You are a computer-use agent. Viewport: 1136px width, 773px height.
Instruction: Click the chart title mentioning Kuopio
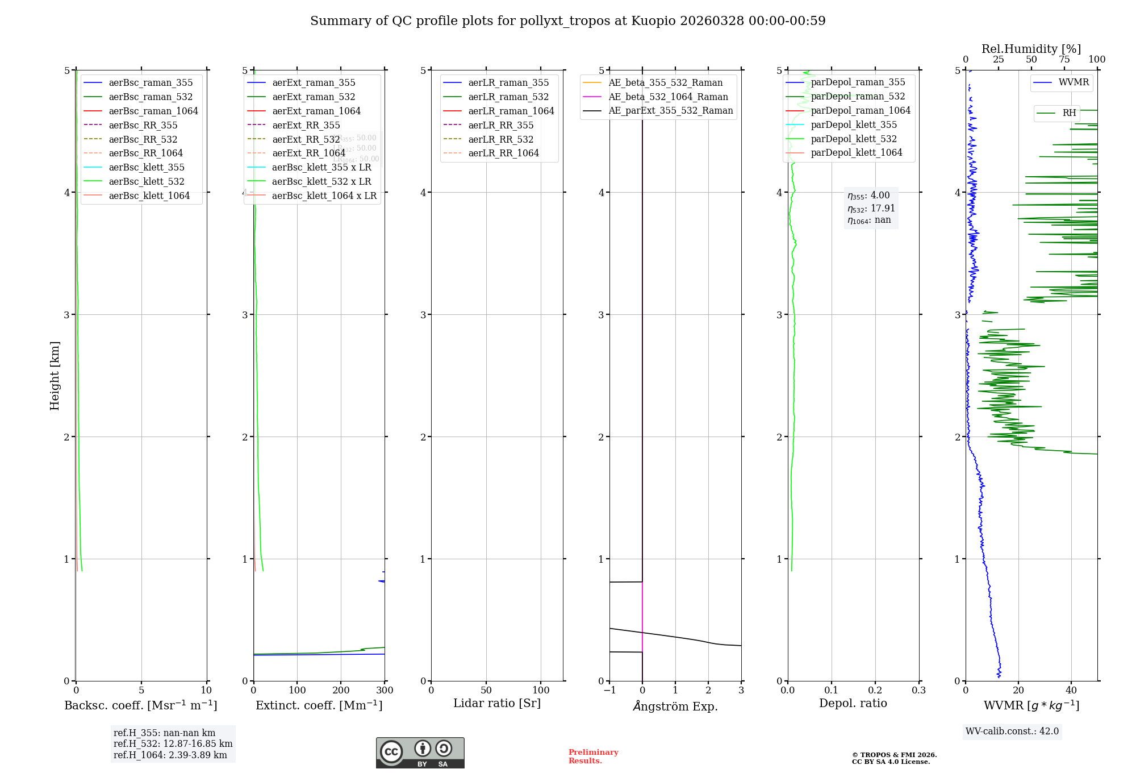pos(567,21)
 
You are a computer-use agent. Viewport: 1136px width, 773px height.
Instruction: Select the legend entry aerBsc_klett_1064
pos(149,196)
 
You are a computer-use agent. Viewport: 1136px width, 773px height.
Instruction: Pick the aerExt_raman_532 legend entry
pos(314,97)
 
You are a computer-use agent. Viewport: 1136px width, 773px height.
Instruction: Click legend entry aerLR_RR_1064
pos(503,153)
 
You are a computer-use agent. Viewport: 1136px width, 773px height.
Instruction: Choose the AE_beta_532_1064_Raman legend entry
pos(668,97)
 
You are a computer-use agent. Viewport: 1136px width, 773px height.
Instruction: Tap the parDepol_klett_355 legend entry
pos(854,124)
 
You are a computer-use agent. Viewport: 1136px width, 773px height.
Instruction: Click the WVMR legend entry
pos(1074,82)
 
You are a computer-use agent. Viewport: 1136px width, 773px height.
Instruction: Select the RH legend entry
pos(1069,113)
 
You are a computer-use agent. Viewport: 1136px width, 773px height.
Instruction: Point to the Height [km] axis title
pos(55,375)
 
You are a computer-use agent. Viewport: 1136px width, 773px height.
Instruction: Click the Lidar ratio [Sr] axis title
pos(497,703)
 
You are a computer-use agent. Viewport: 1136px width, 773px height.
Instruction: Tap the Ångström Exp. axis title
pos(675,706)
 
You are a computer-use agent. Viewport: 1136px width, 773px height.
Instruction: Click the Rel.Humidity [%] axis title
pos(1031,49)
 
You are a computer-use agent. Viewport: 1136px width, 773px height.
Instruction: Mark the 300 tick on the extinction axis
pos(385,691)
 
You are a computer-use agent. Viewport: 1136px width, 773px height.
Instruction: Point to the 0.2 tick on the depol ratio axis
pos(875,691)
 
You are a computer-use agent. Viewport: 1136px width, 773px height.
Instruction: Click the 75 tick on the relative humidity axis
pos(1064,60)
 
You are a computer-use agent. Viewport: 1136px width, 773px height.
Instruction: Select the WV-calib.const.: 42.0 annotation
pos(1012,731)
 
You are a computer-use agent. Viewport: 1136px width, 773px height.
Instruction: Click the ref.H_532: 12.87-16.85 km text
pos(173,743)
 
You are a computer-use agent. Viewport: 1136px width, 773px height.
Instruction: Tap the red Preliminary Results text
pos(593,757)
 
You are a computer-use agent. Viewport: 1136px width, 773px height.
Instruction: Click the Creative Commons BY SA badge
pos(420,753)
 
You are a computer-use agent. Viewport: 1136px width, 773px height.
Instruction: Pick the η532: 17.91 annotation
pos(871,208)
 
